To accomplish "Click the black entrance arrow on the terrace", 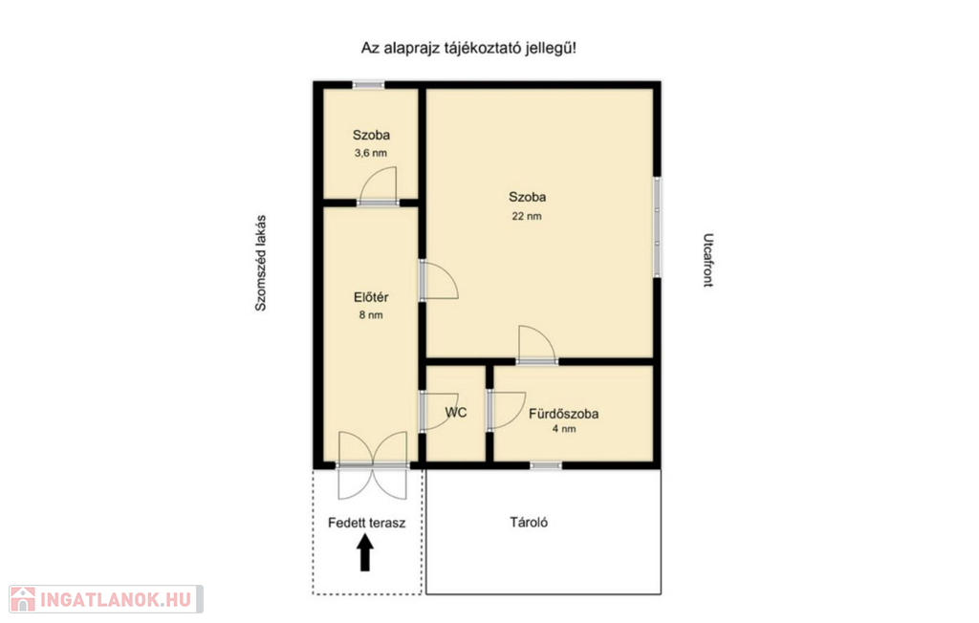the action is tap(365, 554).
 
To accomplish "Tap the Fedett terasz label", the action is tap(366, 523).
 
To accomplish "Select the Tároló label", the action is tap(529, 522).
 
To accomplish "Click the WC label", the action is tap(456, 413).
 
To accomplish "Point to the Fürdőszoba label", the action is tap(563, 413).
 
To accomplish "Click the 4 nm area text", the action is tap(564, 429).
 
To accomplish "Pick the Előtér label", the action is tap(371, 298).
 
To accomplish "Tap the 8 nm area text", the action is tap(371, 315).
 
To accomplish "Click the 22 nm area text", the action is tap(527, 216).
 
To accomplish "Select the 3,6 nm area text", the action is tap(371, 153).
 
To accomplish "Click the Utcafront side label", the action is tap(708, 260).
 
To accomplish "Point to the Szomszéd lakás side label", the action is tap(260, 263).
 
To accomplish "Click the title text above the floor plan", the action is tap(468, 48).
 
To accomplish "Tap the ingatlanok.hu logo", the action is tap(106, 599).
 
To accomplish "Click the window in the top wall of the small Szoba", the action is tap(368, 84).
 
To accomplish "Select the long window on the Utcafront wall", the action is tap(657, 226).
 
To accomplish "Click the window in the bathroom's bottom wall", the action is tap(546, 465).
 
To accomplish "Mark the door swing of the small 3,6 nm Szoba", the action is tap(379, 186).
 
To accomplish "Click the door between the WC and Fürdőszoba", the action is tap(506, 411).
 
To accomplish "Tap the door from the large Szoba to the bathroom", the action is tap(537, 345).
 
